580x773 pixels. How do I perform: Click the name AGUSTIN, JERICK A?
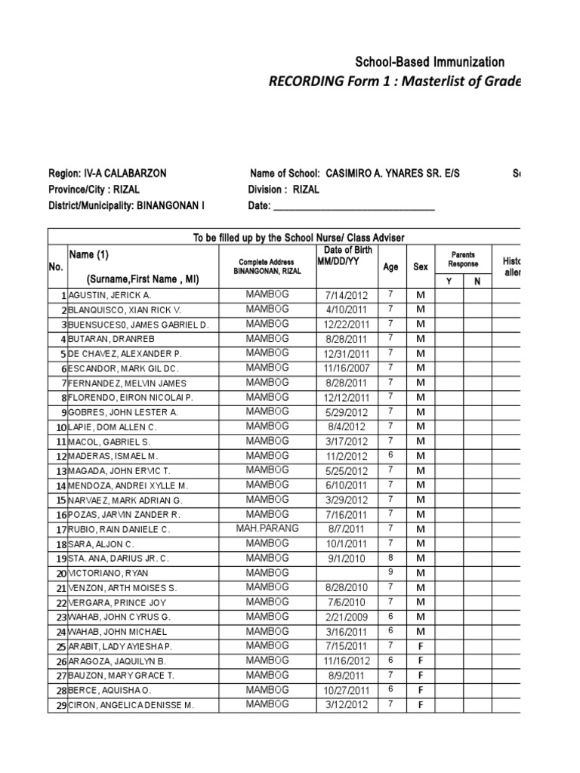click(110, 296)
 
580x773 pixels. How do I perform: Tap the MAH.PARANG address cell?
click(267, 528)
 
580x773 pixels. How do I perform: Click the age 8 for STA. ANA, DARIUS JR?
click(390, 558)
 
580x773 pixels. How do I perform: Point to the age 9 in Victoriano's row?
click(390, 572)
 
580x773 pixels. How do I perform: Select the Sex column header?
click(421, 266)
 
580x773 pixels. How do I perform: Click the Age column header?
click(390, 266)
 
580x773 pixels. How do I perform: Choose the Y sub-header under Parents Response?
click(448, 281)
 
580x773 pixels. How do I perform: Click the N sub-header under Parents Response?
click(477, 281)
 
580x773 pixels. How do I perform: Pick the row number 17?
click(58, 530)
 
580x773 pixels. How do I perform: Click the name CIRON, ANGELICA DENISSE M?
click(131, 705)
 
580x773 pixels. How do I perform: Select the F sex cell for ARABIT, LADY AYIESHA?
click(421, 646)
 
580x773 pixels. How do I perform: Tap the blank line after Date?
click(353, 206)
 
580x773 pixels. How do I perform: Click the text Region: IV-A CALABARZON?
click(107, 174)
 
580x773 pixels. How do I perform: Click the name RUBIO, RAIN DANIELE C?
click(119, 530)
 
